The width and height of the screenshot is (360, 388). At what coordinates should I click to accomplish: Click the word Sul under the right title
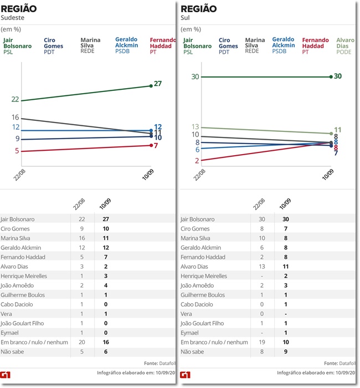point(185,18)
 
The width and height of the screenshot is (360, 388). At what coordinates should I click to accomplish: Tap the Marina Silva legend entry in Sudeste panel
point(91,46)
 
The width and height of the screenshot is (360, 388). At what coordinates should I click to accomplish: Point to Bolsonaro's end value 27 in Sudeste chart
point(157,84)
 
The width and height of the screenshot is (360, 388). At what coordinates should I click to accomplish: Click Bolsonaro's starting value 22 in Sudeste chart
point(15,100)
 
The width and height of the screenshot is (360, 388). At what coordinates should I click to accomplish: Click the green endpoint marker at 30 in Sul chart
point(331,76)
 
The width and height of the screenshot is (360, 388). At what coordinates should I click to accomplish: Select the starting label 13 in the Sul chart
point(195,127)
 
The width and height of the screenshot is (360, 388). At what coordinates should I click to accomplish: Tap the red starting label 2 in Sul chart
point(197,161)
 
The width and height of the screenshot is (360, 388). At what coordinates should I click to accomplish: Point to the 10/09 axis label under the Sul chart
point(328,178)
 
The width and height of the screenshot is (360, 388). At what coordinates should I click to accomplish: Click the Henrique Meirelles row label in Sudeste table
point(24,276)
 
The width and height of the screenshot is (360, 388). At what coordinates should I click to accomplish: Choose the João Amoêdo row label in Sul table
point(198,285)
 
